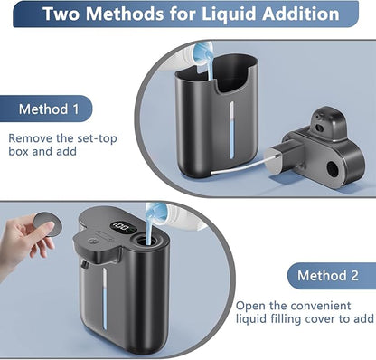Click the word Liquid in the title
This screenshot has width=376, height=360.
229,14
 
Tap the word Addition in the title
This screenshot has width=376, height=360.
300,14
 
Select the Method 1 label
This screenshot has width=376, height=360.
49,109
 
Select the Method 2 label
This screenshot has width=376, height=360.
328,276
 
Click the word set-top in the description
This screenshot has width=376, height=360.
97,138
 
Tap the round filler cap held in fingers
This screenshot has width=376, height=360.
48,223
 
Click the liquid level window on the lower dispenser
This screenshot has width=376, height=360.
105,298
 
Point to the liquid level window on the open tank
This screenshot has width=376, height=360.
231,130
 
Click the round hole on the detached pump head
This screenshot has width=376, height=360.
333,169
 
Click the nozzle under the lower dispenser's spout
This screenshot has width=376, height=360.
85,264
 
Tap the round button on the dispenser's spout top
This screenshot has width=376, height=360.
92,241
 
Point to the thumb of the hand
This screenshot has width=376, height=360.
47,231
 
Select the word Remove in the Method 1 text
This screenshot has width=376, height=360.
31,138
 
